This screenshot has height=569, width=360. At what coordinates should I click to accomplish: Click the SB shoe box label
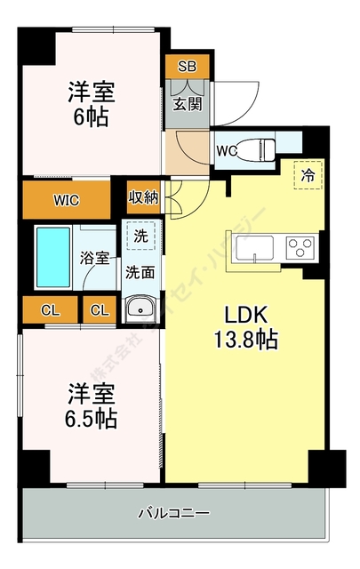click(187, 67)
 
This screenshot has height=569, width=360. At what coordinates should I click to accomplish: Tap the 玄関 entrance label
click(187, 104)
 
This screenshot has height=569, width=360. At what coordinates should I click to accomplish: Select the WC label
click(227, 150)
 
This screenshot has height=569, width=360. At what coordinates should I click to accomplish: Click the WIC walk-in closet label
click(66, 200)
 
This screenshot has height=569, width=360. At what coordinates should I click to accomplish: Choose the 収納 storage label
click(143, 197)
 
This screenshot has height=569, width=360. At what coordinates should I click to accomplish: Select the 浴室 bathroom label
click(95, 259)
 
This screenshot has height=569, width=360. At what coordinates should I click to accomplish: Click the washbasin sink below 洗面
click(140, 309)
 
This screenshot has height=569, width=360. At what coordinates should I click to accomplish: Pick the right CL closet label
click(99, 310)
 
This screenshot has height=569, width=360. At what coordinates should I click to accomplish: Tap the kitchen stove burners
click(300, 245)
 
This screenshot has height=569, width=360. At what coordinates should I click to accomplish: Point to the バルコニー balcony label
click(173, 513)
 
